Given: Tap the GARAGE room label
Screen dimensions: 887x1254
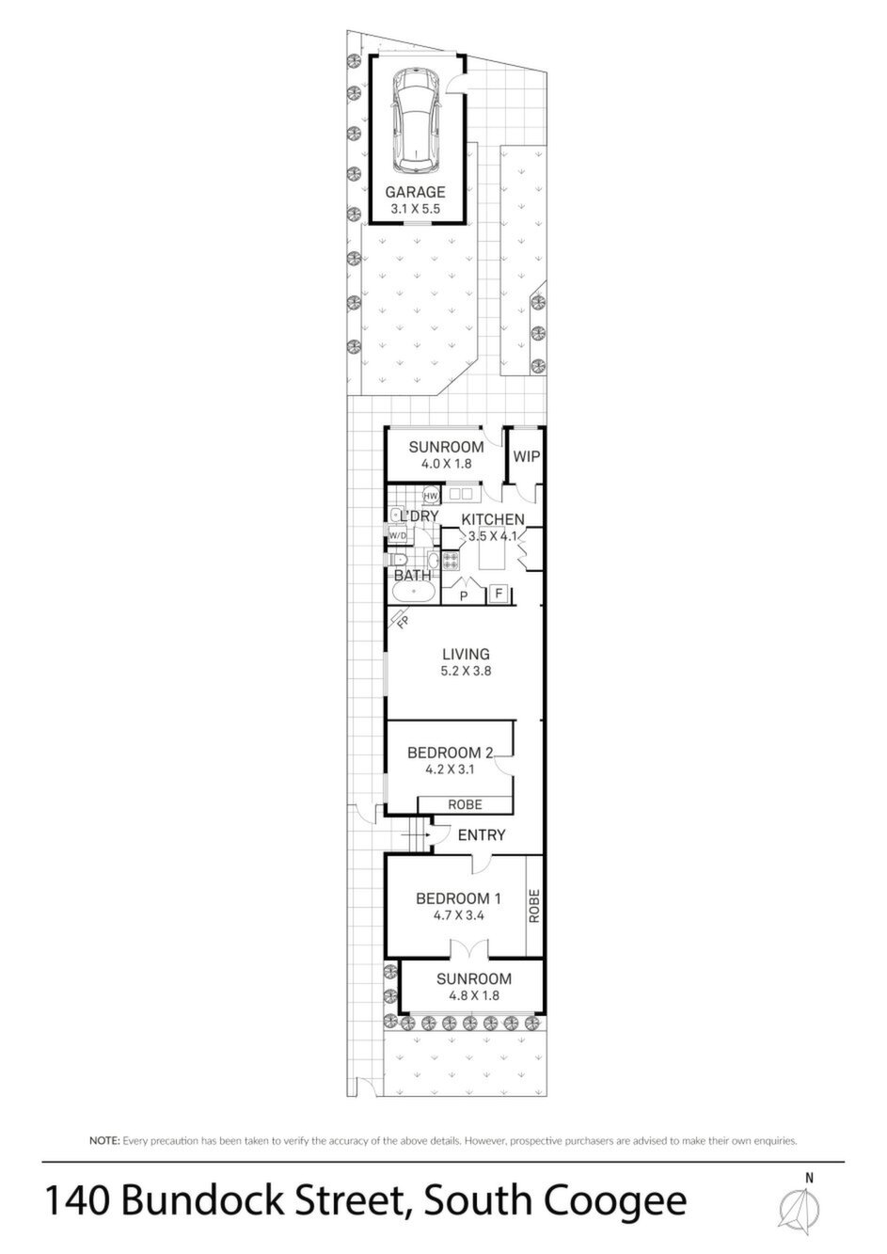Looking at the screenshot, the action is pos(415,193).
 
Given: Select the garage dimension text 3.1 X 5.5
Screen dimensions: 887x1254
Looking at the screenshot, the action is pos(415,210).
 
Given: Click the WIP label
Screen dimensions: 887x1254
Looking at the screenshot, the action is pos(527,456).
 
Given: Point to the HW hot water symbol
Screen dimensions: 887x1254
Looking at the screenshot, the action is pos(431,496).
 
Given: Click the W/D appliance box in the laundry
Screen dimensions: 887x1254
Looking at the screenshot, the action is pos(398,536).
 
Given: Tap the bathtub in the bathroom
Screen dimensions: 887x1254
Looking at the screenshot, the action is pos(412,592).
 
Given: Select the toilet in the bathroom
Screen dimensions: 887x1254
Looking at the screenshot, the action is pos(397,560).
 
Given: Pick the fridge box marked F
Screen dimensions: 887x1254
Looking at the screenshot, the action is pos(499,594).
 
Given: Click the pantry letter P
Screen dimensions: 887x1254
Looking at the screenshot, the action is pos(464,596).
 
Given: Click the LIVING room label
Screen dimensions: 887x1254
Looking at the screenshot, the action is pos(467,654).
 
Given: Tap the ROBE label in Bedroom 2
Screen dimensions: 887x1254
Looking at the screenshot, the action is pos(465,804).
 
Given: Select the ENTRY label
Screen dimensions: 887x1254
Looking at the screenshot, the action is pos(482,835).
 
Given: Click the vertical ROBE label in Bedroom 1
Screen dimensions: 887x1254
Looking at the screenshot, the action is pos(534,906).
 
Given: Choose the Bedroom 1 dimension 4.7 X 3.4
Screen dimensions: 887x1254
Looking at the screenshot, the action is pos(458,916).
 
